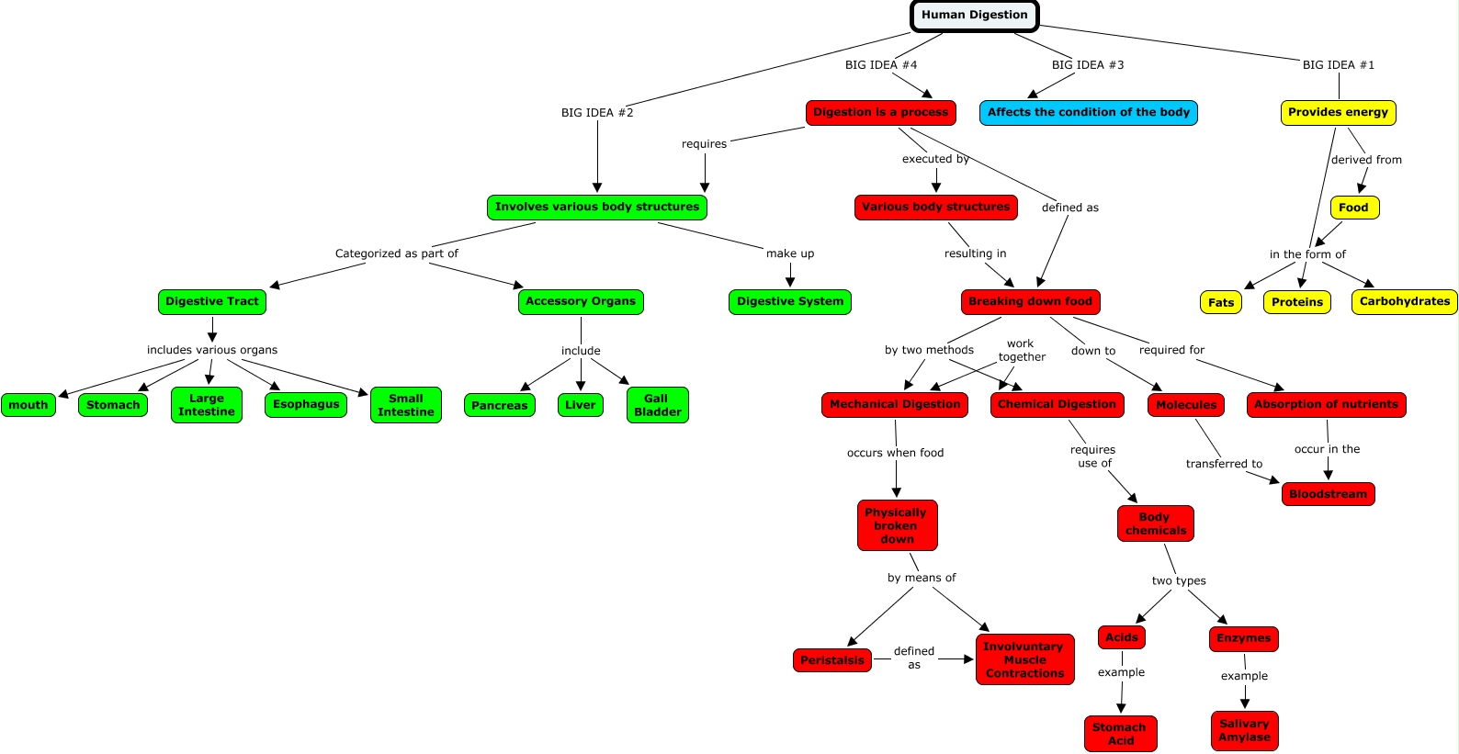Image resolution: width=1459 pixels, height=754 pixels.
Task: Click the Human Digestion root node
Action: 975,16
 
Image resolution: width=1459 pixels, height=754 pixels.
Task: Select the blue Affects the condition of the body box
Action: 1089,113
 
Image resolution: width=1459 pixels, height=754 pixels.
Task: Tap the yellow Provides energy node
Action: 1338,113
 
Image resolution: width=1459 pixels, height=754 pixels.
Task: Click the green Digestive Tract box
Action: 212,302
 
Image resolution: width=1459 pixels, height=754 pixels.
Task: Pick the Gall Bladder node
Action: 658,405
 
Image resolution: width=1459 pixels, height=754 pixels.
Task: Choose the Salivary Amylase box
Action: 1244,731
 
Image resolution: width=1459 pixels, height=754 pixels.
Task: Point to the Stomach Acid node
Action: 1120,734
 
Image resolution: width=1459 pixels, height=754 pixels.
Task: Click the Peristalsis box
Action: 832,660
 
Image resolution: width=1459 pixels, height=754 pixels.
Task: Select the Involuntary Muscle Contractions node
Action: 1025,659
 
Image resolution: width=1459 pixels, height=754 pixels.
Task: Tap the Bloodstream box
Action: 1328,494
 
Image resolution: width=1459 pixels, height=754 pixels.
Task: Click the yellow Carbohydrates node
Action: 1404,302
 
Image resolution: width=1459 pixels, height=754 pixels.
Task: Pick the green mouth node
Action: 28,405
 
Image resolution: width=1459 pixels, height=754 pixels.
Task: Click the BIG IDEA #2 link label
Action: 597,113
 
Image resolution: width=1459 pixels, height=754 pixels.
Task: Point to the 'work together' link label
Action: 1022,351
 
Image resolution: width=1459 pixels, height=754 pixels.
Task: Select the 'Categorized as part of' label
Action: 396,253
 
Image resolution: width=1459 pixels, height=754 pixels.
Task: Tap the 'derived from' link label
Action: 1366,160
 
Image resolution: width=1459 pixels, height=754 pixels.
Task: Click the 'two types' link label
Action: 1179,581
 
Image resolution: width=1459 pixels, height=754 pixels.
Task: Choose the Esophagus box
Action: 306,405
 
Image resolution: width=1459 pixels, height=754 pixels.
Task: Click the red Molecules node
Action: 1185,405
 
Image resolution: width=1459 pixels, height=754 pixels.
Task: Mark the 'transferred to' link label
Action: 1224,464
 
